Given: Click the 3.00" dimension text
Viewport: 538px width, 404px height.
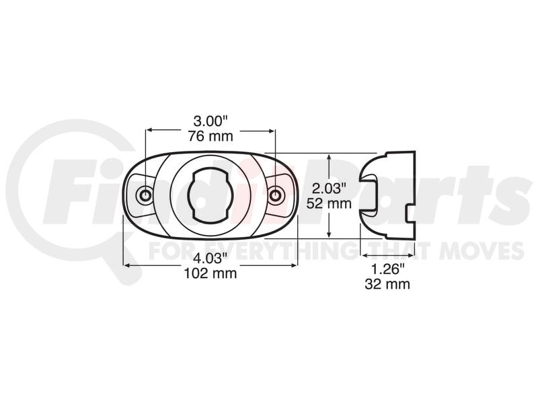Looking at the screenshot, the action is (210, 121).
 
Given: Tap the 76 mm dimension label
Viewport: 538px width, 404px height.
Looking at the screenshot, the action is (210, 137).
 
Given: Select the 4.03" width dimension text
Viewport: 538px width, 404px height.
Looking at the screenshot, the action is (210, 258).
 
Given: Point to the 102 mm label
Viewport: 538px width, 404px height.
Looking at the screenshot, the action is (210, 273).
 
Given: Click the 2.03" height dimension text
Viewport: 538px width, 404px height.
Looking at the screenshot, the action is (329, 189).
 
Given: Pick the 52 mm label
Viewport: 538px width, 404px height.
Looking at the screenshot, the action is (329, 204).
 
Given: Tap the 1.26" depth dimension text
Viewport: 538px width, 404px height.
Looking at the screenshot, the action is (387, 269).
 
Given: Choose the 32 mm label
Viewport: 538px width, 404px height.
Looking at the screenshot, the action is (387, 284).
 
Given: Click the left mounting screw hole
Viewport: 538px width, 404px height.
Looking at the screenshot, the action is (145, 195).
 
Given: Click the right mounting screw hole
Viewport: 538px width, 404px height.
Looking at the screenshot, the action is (274, 195).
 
